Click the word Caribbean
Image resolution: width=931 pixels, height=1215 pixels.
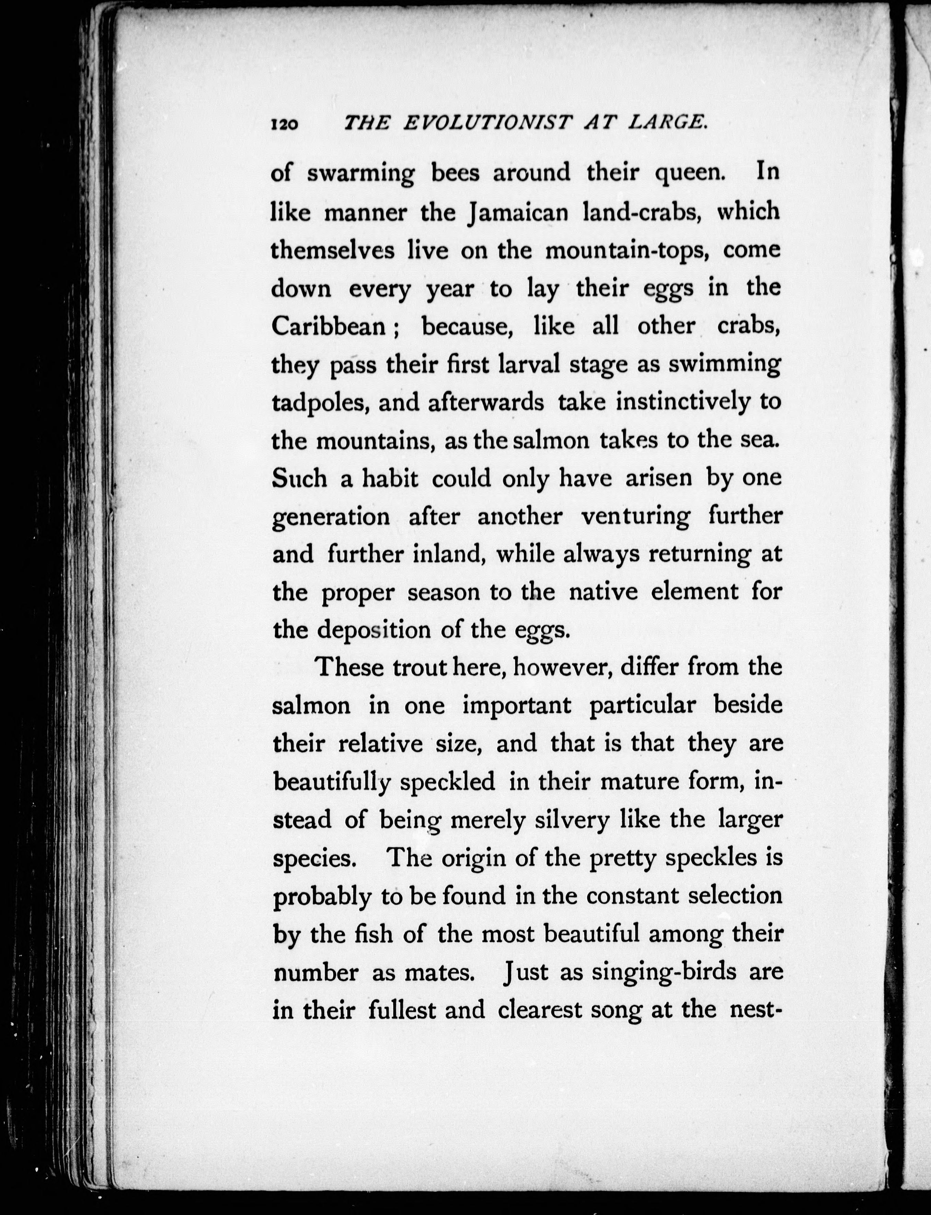click(x=329, y=326)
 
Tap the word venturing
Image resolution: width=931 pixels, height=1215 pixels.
click(x=635, y=517)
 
